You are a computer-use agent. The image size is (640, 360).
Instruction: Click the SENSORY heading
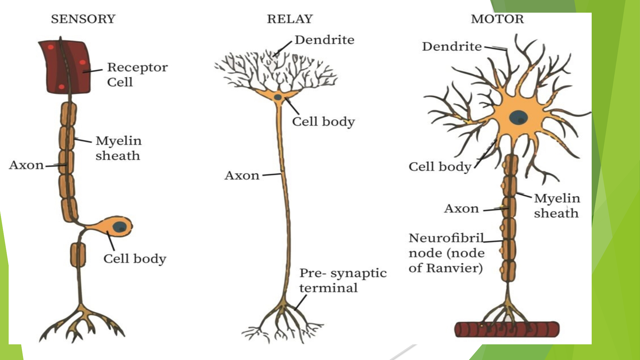(83, 19)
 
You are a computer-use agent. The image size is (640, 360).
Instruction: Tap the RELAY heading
(290, 19)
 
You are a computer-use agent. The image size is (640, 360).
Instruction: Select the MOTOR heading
(497, 19)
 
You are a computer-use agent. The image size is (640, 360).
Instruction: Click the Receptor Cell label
(137, 74)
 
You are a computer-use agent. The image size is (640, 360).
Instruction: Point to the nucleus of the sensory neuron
(119, 227)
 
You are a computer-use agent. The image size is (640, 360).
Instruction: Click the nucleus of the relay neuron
(278, 97)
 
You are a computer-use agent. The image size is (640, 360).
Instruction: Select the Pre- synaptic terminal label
(343, 280)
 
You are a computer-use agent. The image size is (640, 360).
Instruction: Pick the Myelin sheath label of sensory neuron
(118, 148)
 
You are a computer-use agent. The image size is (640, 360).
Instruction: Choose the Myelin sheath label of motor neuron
(557, 205)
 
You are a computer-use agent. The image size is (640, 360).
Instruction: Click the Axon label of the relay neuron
(242, 175)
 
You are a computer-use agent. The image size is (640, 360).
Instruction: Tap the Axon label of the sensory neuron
(26, 165)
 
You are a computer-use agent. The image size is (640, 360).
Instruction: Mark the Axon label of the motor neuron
(462, 209)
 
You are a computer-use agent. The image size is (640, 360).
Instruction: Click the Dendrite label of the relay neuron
(324, 40)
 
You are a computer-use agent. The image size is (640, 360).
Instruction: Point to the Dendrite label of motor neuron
(452, 46)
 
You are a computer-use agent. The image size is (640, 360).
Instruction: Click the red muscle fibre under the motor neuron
(507, 329)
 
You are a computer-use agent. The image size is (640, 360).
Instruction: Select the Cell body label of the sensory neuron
(135, 259)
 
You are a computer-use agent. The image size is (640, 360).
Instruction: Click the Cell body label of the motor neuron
(440, 167)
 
